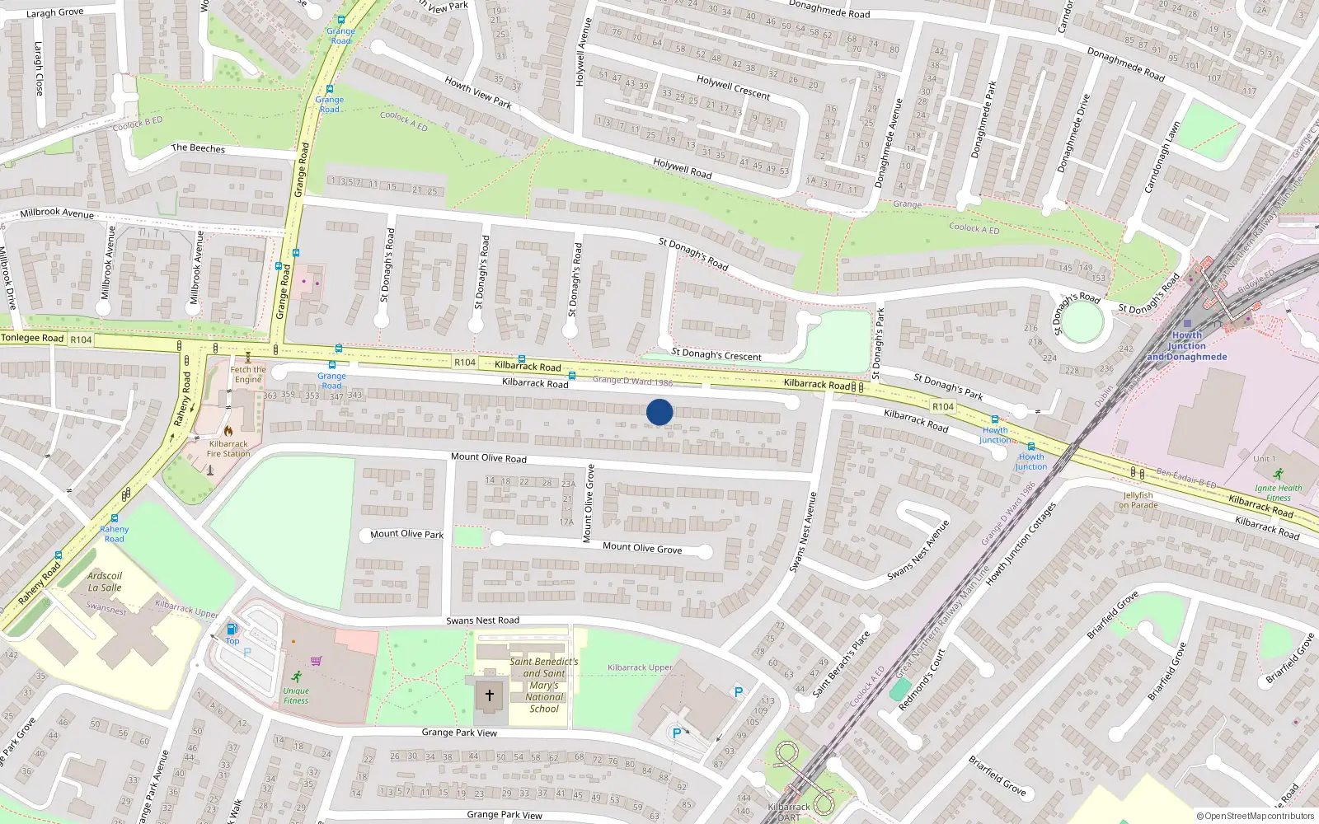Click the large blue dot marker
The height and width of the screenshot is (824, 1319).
coord(659,412)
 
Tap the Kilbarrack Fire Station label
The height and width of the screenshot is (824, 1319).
coord(228,448)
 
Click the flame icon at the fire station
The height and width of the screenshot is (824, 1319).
coord(228,430)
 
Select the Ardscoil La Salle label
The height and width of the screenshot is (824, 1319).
coord(105,582)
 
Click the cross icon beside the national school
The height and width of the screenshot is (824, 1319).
coord(490,695)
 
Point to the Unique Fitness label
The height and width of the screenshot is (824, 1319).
coord(296,695)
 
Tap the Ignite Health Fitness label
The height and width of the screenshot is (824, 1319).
coord(1279,493)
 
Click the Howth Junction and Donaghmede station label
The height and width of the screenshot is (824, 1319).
coord(1187,346)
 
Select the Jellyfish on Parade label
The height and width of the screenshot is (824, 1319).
coord(1138,500)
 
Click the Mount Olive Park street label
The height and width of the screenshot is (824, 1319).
coord(406,534)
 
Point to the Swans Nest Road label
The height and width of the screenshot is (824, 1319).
coord(483,620)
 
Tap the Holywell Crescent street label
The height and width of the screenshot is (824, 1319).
coord(733,87)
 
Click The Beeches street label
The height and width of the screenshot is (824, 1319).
coord(198,148)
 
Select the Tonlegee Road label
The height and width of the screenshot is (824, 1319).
coord(32,338)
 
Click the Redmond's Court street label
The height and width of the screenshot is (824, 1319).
coord(922,680)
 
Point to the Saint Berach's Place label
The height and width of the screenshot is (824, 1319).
coord(841,664)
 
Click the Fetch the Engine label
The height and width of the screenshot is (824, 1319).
coord(248,374)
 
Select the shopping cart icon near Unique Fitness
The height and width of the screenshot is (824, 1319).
coord(316,660)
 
